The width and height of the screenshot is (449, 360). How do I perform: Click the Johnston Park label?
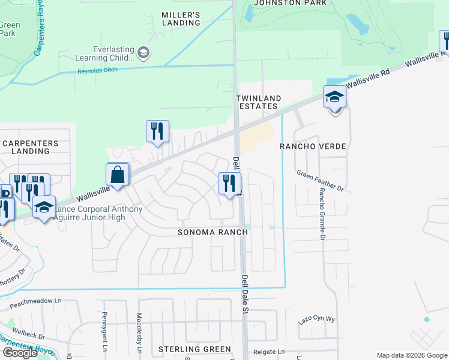coord(291,3)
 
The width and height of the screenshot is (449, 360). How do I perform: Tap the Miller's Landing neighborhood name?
coord(181,18)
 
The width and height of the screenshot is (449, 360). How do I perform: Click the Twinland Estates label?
coord(257,102)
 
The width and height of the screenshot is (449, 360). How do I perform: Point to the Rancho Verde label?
coord(314,146)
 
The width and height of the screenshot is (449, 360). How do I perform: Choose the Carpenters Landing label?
coord(30,147)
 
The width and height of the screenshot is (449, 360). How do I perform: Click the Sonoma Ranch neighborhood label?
coord(213,232)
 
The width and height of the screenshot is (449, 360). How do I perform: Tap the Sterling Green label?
coord(194,349)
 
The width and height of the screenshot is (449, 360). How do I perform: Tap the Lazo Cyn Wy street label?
coord(316,320)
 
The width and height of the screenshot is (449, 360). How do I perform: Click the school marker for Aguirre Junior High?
coord(44,207)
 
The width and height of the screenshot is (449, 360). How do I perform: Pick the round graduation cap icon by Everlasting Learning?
coord(143,53)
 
